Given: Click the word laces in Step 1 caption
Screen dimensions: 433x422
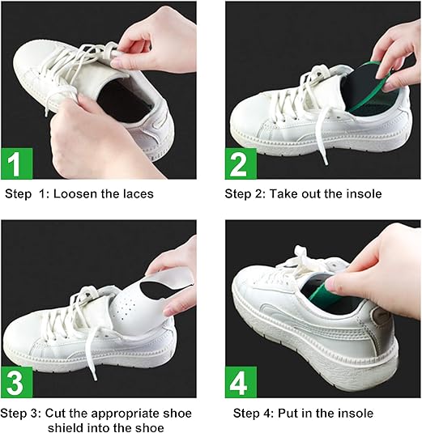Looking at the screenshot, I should click(x=137, y=194).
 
